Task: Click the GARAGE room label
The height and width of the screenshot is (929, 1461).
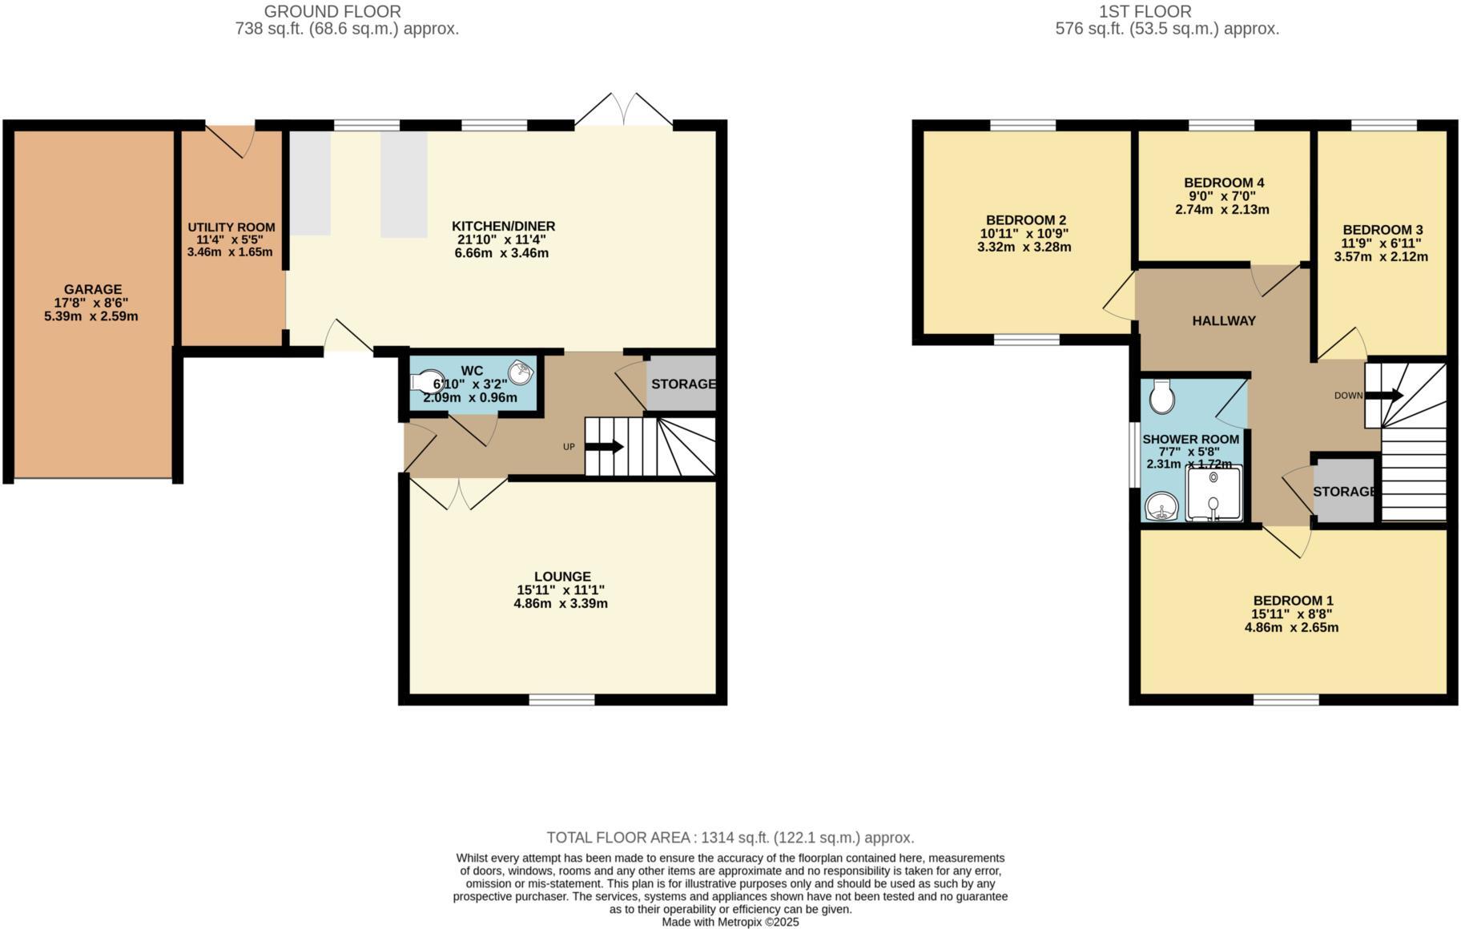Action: (93, 289)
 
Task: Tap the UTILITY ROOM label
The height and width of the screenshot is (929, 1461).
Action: (231, 227)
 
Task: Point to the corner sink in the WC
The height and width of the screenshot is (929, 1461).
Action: (521, 372)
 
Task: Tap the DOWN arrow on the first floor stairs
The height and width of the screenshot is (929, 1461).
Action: (1384, 396)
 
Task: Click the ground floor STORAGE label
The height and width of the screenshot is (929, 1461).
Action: (682, 384)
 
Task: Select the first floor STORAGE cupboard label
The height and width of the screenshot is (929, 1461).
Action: (1345, 491)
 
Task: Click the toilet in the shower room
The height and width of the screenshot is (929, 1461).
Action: (1161, 396)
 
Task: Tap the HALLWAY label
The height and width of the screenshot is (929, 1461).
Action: (1223, 321)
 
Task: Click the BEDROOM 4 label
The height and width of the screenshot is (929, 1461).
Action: (1223, 183)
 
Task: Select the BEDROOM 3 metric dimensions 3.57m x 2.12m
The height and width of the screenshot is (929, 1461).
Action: (1380, 257)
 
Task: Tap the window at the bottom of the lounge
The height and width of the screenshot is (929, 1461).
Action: (561, 700)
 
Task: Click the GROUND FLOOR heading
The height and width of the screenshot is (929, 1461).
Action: (332, 11)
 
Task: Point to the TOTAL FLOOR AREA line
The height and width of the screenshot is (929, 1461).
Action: (730, 838)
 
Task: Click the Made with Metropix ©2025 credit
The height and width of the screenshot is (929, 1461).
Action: (730, 923)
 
